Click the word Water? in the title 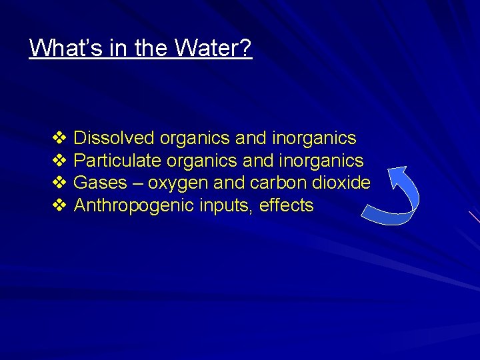214,48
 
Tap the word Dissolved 114,138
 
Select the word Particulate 117,161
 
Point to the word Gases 100,183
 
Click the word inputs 225,206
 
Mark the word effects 286,205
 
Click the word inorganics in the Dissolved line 315,138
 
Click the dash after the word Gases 137,183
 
